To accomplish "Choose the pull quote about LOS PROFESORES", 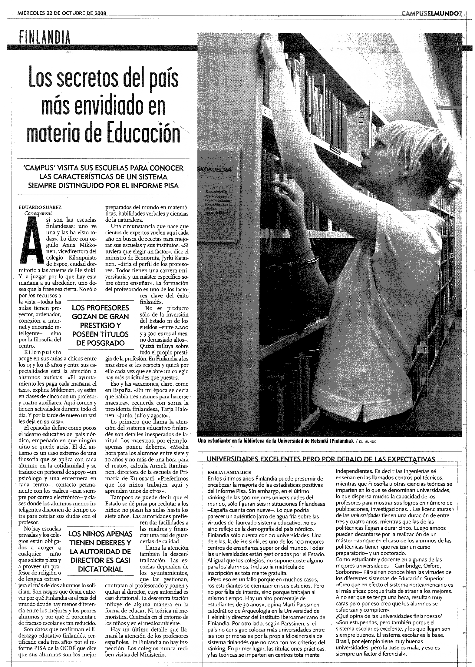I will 100,325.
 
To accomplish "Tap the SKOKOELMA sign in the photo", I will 214,170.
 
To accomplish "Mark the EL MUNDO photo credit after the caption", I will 367,442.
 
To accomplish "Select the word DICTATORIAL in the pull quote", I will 100,569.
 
